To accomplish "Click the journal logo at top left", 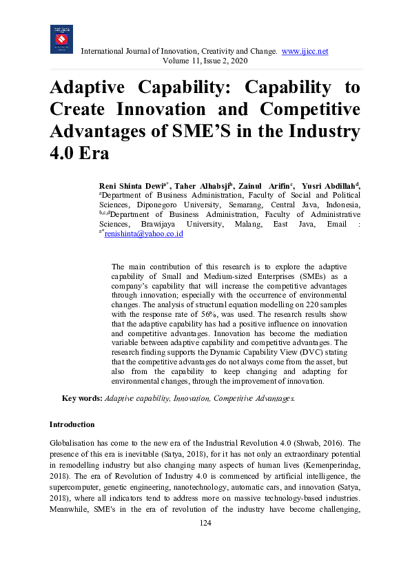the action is point(61,39).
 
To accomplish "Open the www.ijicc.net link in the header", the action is point(305,52).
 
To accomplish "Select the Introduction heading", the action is point(72,424).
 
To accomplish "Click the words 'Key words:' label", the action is point(82,398).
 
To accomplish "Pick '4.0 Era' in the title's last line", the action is point(79,152).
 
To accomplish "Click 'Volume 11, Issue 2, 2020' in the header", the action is point(205,61).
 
